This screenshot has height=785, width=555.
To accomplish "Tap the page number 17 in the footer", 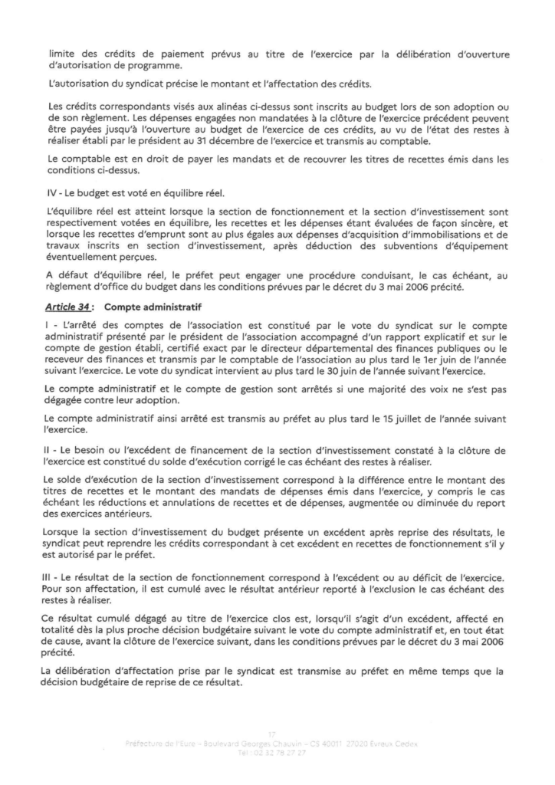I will click(277, 734).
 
